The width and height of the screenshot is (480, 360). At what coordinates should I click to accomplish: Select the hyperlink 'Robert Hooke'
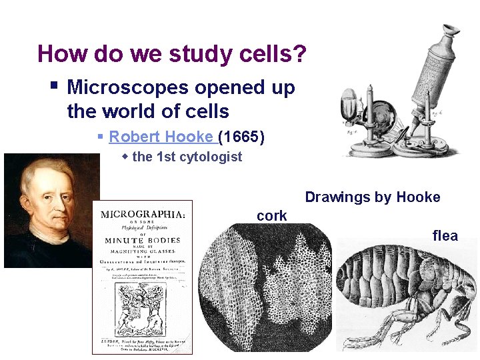(x=160, y=137)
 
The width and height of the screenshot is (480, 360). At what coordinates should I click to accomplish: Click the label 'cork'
(x=271, y=216)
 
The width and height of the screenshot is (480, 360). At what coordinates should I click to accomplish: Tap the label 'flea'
(x=445, y=235)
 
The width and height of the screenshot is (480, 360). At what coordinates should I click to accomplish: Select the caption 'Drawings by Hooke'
(x=372, y=197)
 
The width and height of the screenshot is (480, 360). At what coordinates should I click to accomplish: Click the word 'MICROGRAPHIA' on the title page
(x=142, y=215)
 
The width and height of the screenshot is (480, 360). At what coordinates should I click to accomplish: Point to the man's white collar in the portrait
(x=50, y=233)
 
